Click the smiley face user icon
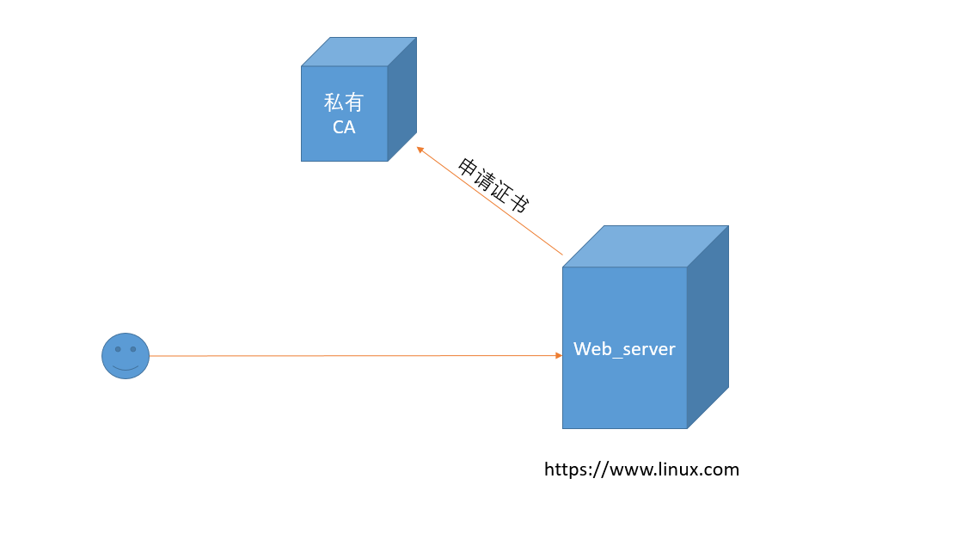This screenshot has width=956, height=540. tap(126, 355)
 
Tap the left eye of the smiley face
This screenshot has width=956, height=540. tap(118, 349)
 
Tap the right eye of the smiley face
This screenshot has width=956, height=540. tap(133, 349)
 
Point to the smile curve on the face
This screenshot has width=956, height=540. tap(126, 367)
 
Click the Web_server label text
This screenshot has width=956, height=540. tap(624, 349)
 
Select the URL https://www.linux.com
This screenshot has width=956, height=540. tap(641, 469)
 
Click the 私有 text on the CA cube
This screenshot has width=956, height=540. tap(344, 103)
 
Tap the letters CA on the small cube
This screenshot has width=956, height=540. tap(344, 127)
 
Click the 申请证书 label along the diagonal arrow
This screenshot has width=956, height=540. tap(493, 185)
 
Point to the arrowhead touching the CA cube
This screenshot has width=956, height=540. tap(420, 149)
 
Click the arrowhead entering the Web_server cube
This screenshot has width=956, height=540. tap(558, 355)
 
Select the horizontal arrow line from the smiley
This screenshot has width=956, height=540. tap(344, 355)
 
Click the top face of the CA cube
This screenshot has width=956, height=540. tap(358, 52)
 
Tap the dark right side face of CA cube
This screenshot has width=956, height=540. tap(401, 99)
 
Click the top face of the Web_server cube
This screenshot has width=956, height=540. tap(646, 246)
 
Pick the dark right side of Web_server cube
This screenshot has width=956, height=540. tap(708, 327)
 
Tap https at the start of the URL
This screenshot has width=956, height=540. tap(567, 469)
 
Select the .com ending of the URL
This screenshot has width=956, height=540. tap(720, 469)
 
